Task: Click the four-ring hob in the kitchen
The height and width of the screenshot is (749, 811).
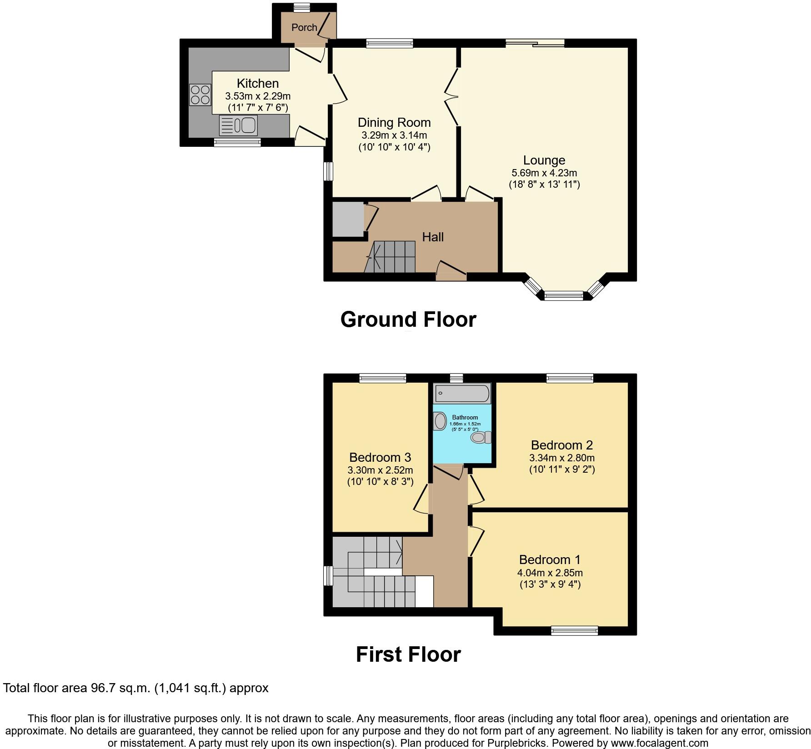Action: tap(200, 95)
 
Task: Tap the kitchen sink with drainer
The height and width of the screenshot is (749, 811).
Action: tap(238, 125)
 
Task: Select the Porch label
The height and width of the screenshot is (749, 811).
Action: tap(304, 28)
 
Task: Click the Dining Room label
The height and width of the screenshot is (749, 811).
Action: tap(394, 123)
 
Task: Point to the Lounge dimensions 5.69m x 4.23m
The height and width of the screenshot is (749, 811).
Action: tap(544, 173)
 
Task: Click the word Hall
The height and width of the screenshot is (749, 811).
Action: tap(433, 237)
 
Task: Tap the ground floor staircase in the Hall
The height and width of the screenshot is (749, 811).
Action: tap(391, 257)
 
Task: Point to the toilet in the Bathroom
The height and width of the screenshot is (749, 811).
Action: tap(481, 438)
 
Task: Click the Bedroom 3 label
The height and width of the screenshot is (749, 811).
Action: tap(380, 457)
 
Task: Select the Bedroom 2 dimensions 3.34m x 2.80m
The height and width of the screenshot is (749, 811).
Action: tap(562, 458)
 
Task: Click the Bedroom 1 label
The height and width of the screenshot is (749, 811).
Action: tap(550, 559)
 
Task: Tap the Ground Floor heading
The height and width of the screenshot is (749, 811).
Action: tap(408, 320)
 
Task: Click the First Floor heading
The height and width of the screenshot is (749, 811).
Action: tap(408, 654)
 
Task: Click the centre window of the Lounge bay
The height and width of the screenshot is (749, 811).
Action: tap(564, 296)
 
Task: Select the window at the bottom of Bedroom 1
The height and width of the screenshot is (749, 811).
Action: tap(574, 630)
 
